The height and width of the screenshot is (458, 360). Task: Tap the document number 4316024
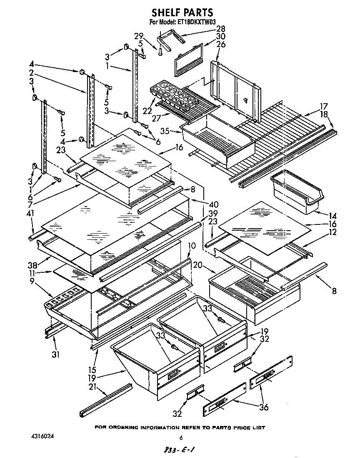(x=43, y=436)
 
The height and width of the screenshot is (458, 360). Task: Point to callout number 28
(x=220, y=29)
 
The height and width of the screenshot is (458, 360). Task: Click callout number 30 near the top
(x=220, y=37)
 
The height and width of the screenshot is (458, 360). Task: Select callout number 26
(x=220, y=45)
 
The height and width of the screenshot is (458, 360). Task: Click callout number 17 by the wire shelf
(x=324, y=106)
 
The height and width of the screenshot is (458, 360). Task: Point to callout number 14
(x=332, y=216)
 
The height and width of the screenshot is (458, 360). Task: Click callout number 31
(x=55, y=355)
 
